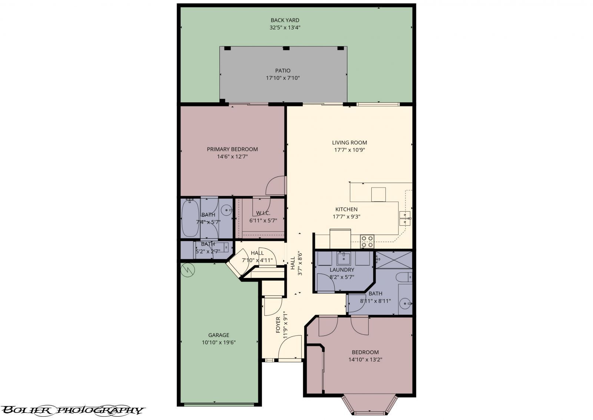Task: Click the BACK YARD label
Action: [x=285, y=20]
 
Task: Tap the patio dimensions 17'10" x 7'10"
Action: [x=282, y=78]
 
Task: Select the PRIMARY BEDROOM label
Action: [x=232, y=149]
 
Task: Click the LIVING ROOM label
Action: [x=349, y=142]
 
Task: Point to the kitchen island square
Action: [x=378, y=194]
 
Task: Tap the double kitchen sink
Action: [x=405, y=218]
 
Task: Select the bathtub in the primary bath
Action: [x=190, y=218]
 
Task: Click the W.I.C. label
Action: [x=263, y=213]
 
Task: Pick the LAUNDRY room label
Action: [x=342, y=269]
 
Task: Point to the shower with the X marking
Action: [x=394, y=259]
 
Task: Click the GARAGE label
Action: [x=219, y=335]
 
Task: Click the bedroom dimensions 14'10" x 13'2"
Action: [x=365, y=359]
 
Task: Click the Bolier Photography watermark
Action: [x=72, y=410]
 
